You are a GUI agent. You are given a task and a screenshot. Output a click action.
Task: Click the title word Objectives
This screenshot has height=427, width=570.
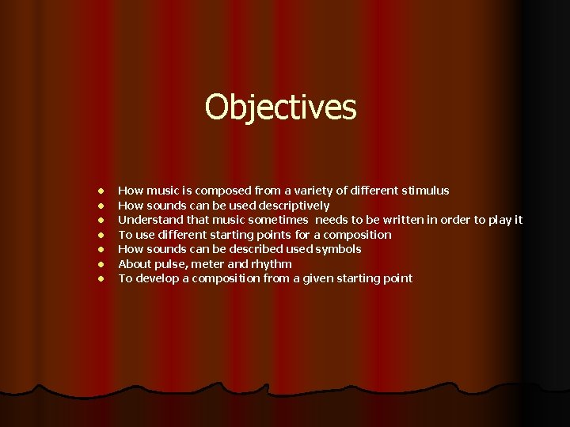(281, 108)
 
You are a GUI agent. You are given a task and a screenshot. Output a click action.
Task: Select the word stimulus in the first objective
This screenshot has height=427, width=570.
(425, 191)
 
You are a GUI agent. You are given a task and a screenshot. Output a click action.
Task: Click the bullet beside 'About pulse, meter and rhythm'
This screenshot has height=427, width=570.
(101, 264)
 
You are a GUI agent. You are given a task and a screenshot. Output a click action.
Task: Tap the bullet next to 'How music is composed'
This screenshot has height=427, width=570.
(101, 191)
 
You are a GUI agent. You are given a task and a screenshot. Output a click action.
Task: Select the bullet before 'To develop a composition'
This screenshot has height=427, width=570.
(101, 279)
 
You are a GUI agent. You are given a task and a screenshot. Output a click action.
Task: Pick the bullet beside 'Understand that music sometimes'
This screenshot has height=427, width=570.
(101, 220)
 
